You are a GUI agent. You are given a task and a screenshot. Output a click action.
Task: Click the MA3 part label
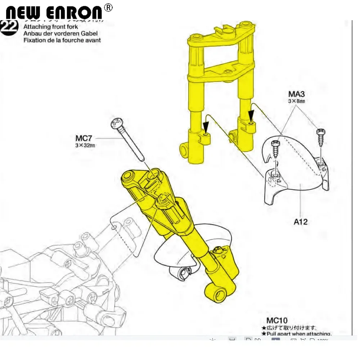[297, 94]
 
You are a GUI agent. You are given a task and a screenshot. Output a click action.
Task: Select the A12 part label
[301, 222]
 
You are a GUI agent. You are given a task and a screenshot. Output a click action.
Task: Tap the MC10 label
[277, 320]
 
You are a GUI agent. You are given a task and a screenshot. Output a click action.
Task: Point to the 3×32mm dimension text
[85, 145]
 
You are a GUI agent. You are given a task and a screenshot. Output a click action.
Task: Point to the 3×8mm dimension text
[297, 101]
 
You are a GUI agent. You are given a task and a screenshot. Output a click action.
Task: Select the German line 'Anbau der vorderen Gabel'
[60, 33]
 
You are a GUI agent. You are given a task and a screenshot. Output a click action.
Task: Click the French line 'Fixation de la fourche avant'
[62, 40]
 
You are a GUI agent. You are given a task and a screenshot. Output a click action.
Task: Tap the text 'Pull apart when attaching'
[299, 334]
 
